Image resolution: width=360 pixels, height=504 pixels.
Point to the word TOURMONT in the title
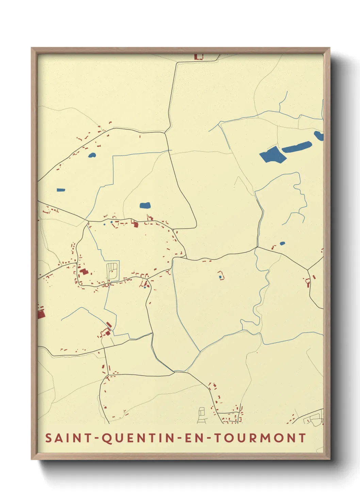pos(260,438)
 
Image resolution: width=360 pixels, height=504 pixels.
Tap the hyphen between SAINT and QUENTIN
pos(96,438)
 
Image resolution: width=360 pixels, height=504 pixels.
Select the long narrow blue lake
pos(297,147)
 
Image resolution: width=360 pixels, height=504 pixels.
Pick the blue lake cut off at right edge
pos(319,136)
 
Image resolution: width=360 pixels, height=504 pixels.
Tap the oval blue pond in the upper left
pos(92,155)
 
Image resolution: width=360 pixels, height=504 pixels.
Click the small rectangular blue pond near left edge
pos(61,190)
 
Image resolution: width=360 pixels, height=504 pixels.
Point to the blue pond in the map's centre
pos(145,205)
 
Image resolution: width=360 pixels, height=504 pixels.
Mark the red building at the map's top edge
pos(199,57)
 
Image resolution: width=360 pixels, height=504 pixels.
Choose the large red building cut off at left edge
pos(41,313)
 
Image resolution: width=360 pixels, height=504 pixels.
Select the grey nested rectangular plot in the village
pos(113,270)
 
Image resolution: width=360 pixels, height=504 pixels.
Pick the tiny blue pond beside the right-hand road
pos(282,243)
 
